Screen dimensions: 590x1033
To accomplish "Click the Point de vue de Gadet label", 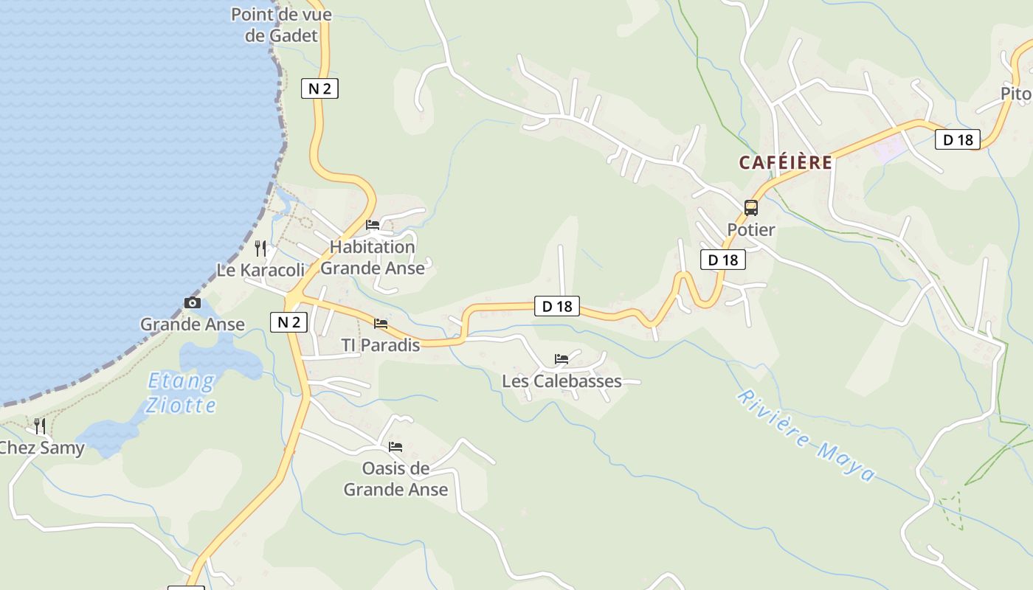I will tap(281, 25).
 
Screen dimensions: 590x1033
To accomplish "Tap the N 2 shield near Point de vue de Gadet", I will tap(319, 88).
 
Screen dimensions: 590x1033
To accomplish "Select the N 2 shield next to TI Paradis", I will tap(289, 322).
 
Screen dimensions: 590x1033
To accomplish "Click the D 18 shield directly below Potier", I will tap(722, 260).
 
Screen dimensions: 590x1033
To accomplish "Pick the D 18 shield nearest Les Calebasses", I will tap(557, 306).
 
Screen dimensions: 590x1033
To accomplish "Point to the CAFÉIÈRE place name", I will tap(786, 163).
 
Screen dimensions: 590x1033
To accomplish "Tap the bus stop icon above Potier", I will tap(751, 208).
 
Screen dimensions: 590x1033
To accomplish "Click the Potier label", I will tap(751, 230).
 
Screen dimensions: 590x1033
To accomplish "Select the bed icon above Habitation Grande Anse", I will tap(373, 225).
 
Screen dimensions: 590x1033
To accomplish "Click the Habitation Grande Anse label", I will tap(373, 257).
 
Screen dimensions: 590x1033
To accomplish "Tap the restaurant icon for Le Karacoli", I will tap(260, 248).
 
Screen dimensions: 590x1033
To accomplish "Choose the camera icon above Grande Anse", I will tap(192, 302).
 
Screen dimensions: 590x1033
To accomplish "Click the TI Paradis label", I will tap(380, 345).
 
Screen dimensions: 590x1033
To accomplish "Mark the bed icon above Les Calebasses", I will tap(562, 359).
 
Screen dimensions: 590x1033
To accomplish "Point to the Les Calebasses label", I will tap(562, 381).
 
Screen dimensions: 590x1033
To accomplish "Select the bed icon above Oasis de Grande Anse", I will tap(395, 446).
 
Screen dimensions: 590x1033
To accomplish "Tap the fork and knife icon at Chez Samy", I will tap(40, 426).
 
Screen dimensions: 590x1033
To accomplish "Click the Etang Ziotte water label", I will tap(182, 393).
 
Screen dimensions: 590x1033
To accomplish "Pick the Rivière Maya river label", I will tap(806, 435).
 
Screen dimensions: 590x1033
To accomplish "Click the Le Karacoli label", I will tap(260, 270).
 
